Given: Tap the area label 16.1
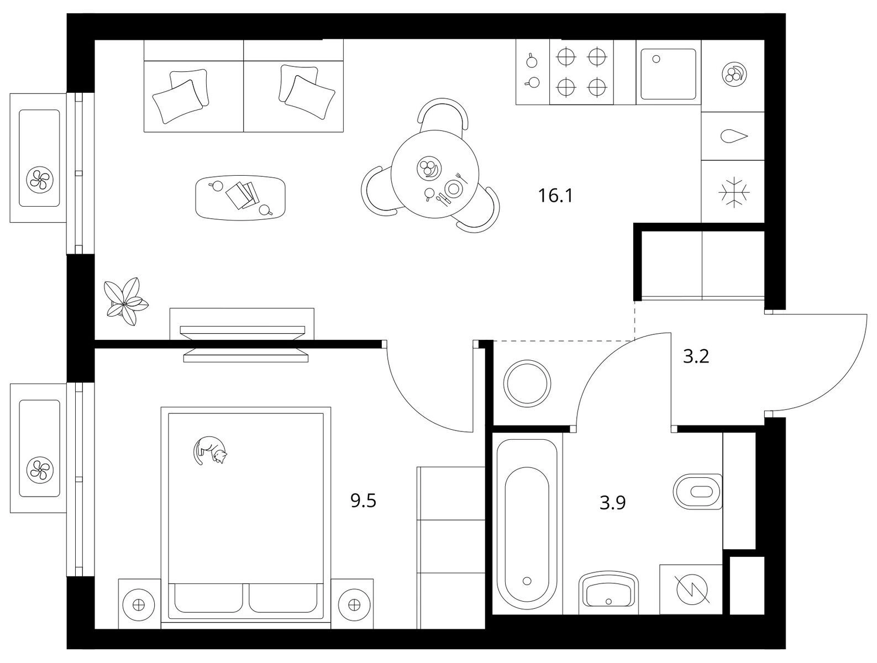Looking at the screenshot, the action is click(555, 196).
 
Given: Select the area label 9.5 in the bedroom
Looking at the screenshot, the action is click(363, 501).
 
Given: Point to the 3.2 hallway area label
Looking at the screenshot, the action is click(696, 356).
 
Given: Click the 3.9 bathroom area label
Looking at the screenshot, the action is click(612, 503).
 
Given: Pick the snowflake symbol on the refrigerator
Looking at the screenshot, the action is click(734, 193).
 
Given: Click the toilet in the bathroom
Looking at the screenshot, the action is click(697, 492).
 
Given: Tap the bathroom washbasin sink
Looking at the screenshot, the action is click(608, 593).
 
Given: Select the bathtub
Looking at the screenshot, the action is click(527, 525).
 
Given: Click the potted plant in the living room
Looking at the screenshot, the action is click(125, 302).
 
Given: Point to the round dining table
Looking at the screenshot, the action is click(435, 174).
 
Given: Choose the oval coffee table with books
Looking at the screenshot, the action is click(241, 198).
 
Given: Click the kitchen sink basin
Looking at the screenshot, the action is click(669, 74).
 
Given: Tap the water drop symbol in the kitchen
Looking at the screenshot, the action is click(734, 136).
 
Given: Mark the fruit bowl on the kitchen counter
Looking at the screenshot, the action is click(735, 74).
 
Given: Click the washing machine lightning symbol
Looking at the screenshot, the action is click(692, 590).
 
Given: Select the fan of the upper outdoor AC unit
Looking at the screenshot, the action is click(40, 180).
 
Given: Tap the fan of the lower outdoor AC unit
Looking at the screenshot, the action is click(40, 470).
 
